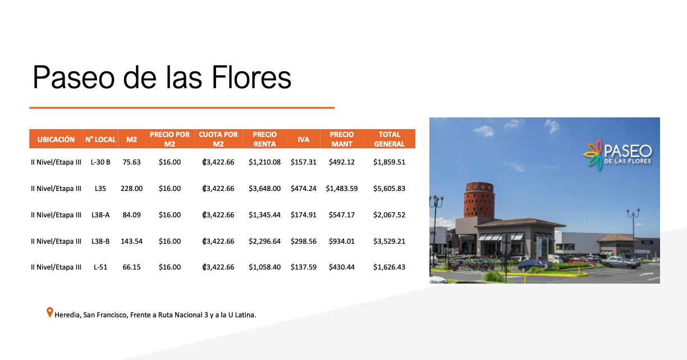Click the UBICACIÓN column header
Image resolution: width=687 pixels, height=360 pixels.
pos(56,139)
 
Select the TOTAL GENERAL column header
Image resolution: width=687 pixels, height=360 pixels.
pos(389,139)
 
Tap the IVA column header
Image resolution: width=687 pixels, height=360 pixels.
pos(303,139)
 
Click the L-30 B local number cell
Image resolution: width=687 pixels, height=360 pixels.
pos(100,162)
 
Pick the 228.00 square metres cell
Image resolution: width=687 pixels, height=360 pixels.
pos(131,189)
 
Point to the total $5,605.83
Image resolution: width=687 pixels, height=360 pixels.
pos(389,189)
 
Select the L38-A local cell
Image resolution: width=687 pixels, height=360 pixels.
pos(100,215)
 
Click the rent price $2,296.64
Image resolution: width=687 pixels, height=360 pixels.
pos(265,241)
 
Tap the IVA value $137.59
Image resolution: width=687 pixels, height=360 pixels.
pos(303,267)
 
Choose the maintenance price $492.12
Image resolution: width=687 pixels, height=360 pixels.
pos(342,162)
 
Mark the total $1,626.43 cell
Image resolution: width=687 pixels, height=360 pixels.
pos(389,267)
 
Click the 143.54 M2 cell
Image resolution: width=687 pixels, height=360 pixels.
pos(131,241)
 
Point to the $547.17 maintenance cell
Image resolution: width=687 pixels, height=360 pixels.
pos(342,215)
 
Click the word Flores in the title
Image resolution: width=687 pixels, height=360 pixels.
pos(251,78)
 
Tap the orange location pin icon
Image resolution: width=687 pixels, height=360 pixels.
pos(49,312)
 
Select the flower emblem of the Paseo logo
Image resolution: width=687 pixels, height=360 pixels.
pos(593,154)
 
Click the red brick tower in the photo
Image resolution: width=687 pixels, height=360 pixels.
pos(479,200)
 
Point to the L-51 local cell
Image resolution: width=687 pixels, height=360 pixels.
pos(100,267)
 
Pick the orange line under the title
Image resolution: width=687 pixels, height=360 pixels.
pos(182,108)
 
